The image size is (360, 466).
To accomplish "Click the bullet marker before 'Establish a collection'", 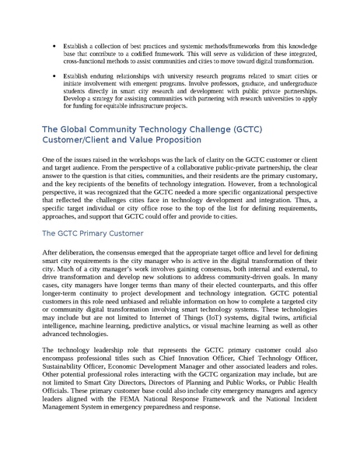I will pos(52,46).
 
